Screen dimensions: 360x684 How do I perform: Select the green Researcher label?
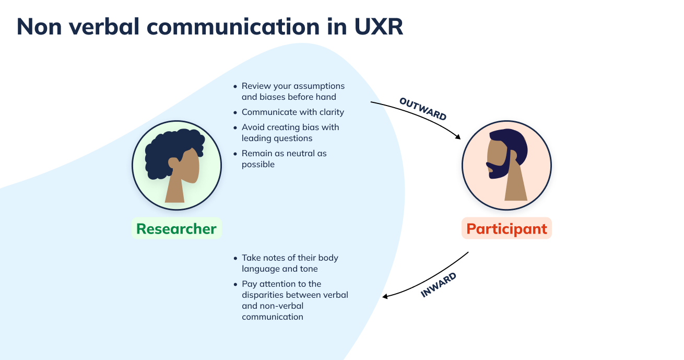176,229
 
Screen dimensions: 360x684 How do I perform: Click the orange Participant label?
506,229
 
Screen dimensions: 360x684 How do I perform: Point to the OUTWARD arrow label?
423,109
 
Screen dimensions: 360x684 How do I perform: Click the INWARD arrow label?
439,285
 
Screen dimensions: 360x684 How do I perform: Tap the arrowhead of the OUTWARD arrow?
458,137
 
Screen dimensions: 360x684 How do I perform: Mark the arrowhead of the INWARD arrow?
385,296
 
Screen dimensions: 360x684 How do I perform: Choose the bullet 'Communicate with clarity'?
292,112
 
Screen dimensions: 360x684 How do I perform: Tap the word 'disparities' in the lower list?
264,295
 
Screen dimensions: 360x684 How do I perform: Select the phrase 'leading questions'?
277,138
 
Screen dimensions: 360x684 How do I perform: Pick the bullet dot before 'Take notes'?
235,258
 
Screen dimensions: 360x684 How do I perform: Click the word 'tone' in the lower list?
308,269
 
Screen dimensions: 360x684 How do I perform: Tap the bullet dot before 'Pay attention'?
235,284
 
